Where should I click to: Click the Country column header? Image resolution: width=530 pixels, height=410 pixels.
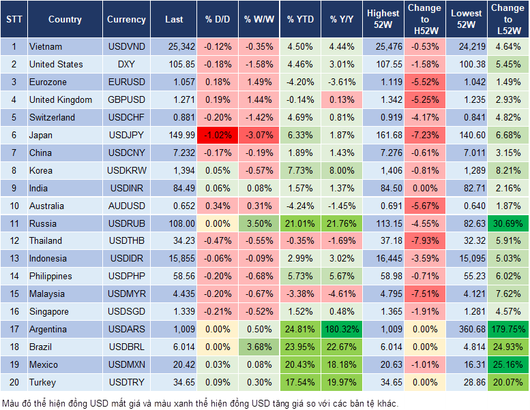65,20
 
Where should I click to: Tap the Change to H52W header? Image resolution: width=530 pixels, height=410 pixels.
424,20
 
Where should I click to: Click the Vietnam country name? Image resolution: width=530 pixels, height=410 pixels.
46,47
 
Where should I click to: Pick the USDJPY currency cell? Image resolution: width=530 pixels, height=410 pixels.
126,135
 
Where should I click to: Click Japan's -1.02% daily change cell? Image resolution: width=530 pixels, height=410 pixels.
217,135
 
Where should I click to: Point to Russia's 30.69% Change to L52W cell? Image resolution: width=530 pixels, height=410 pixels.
508,223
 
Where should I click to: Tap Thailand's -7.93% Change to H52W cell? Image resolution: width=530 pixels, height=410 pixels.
424,241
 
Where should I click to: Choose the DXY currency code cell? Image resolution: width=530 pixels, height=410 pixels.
126,65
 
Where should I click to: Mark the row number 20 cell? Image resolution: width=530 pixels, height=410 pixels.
13,383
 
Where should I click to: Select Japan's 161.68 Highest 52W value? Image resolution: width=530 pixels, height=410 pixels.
383,135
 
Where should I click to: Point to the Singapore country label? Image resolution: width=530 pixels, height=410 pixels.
49,312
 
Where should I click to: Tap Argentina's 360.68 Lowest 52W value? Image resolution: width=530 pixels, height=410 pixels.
467,330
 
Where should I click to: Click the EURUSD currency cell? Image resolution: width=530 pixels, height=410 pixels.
126,82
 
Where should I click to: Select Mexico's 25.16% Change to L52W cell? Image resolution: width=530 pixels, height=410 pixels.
508,365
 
